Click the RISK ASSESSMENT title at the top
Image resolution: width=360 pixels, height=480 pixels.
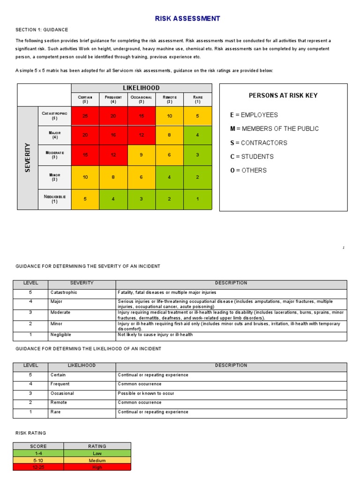pyautogui.click(x=187, y=19)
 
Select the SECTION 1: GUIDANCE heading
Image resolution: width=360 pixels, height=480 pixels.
pyautogui.click(x=42, y=30)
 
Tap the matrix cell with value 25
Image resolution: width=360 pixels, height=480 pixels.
pyautogui.click(x=85, y=116)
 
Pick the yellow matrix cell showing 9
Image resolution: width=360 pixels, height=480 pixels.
pyautogui.click(x=141, y=155)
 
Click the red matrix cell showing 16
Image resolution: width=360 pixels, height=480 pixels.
pyautogui.click(x=113, y=135)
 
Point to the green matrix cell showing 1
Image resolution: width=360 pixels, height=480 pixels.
pyautogui.click(x=197, y=199)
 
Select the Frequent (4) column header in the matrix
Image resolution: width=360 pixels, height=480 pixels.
pyautogui.click(x=113, y=99)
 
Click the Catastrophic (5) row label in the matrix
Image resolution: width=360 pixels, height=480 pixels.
pyautogui.click(x=54, y=116)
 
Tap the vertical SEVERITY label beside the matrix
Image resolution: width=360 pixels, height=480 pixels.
pyautogui.click(x=28, y=157)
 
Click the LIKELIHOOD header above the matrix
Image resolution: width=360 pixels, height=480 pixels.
pyautogui.click(x=141, y=88)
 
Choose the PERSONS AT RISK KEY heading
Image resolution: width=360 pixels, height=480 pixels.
pyautogui.click(x=283, y=96)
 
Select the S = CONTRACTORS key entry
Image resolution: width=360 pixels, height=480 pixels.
pyautogui.click(x=258, y=143)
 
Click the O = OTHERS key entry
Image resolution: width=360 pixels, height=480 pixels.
pyautogui.click(x=248, y=171)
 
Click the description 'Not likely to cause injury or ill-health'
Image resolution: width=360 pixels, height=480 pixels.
pyautogui.click(x=155, y=335)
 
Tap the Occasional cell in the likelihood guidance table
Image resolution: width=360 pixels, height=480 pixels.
pyautogui.click(x=62, y=394)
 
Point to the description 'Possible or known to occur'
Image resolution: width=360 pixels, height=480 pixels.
pyautogui.click(x=146, y=394)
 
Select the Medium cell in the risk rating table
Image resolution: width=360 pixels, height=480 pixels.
pyautogui.click(x=97, y=460)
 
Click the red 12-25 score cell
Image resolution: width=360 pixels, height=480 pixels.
pyautogui.click(x=38, y=467)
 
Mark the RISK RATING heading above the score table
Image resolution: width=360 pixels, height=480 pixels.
pyautogui.click(x=31, y=433)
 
